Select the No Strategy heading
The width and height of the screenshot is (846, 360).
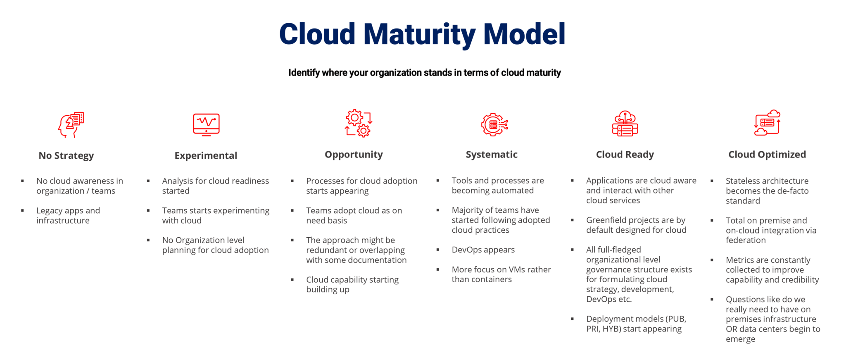coord(66,156)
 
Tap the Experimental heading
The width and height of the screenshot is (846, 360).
coord(206,156)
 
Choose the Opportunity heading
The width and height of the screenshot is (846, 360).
coord(354,155)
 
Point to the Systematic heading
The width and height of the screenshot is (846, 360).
coord(492,155)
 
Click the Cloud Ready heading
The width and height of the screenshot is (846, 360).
coord(625,155)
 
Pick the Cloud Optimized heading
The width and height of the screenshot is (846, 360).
coord(767,155)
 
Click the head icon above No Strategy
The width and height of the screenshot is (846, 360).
coord(71,124)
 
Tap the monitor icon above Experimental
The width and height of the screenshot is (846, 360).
coord(206,124)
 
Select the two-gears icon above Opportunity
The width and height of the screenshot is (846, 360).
coord(359,123)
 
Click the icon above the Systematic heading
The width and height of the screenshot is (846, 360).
coord(494,124)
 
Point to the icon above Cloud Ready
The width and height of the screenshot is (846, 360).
coord(625,124)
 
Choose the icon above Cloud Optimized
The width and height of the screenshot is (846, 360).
coord(767,123)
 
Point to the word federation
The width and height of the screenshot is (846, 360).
coord(746,240)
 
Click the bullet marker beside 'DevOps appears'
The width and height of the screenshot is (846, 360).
coord(438,250)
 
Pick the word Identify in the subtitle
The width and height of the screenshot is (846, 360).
coord(304,73)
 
